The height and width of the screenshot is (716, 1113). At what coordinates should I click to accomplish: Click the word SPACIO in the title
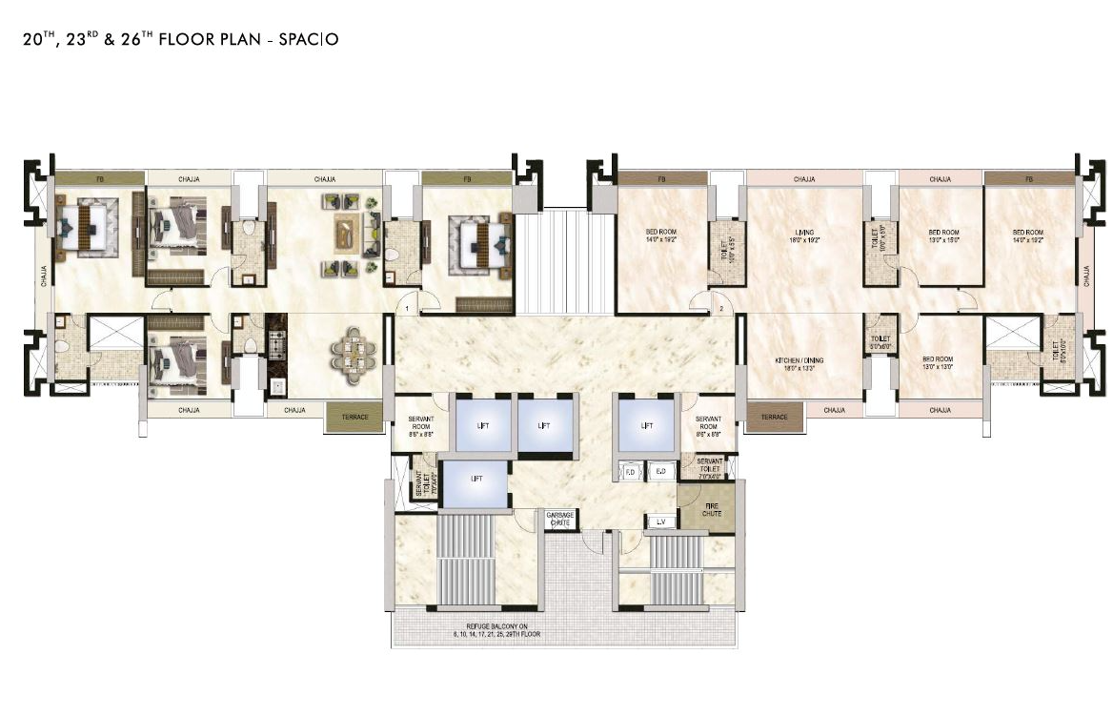pyautogui.click(x=307, y=40)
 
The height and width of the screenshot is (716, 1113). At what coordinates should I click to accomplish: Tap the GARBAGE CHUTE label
pyautogui.click(x=559, y=519)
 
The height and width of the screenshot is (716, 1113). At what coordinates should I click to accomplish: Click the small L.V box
pyautogui.click(x=660, y=522)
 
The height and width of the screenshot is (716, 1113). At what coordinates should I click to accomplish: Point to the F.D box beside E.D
pyautogui.click(x=631, y=471)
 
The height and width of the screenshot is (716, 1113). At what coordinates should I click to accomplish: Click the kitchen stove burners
pyautogui.click(x=277, y=339)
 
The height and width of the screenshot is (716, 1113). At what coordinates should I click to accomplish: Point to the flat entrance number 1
pyautogui.click(x=407, y=309)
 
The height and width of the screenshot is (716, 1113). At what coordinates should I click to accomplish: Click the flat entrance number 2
pyautogui.click(x=722, y=309)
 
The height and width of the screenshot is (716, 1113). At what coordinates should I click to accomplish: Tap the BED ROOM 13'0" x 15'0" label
pyautogui.click(x=942, y=235)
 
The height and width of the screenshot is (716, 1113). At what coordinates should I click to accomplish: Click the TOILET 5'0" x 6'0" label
pyautogui.click(x=880, y=343)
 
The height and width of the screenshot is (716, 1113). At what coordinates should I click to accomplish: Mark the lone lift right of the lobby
pyautogui.click(x=647, y=424)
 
